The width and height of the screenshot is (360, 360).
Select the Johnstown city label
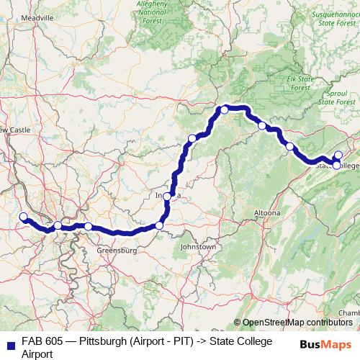(198, 247)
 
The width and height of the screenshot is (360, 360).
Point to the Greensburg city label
(116, 251)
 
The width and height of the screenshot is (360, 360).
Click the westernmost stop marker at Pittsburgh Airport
(23, 217)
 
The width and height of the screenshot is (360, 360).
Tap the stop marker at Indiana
(167, 196)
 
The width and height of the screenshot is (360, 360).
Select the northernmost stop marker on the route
(225, 109)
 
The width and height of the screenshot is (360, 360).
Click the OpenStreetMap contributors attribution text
(297, 323)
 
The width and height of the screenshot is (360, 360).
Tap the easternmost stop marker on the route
(338, 156)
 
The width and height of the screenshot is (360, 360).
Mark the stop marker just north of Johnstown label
(159, 226)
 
